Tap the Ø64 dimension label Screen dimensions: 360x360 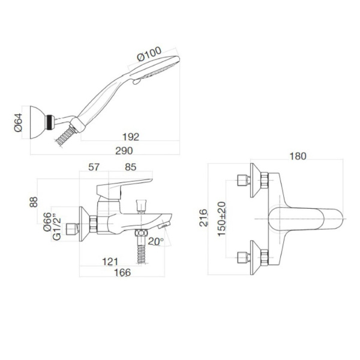(x=19, y=124)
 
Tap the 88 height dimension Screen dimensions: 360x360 (x=34, y=203)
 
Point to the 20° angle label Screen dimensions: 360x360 (x=156, y=242)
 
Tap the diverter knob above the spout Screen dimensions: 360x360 (x=142, y=204)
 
